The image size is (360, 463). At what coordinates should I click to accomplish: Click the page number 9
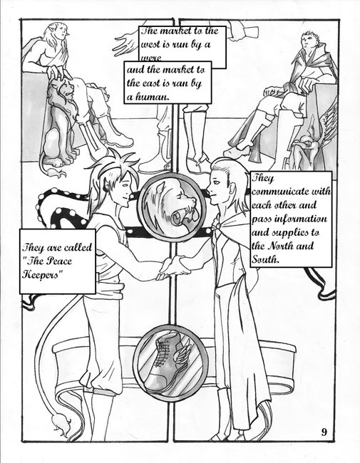coord(324,432)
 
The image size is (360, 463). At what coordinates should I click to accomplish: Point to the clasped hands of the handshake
coord(173,266)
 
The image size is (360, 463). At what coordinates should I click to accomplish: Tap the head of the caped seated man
coord(309,41)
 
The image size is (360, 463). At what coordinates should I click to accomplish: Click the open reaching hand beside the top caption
coord(126,43)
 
